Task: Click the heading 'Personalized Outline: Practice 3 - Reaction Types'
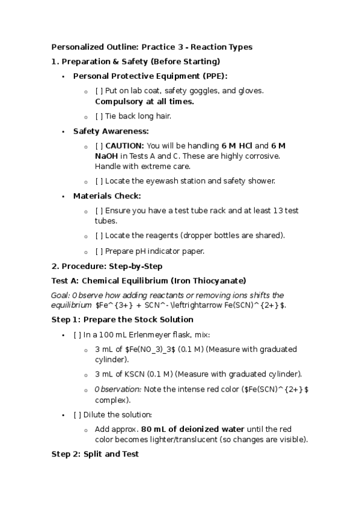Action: coord(151,47)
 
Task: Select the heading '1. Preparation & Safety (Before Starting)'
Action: coord(136,61)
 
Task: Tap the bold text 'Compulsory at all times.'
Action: coord(144,102)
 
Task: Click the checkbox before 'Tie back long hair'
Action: coord(99,116)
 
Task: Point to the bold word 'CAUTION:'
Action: coord(124,146)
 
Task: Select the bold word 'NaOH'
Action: coord(106,156)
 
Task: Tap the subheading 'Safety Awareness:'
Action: coord(111,131)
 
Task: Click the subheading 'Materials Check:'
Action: coord(107,195)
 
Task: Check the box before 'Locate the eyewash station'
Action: coord(99,181)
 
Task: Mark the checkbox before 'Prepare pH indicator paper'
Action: coord(99,251)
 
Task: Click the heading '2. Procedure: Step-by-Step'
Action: coord(107,266)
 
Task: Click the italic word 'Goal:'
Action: coord(61,295)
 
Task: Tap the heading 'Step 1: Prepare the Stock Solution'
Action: coord(123,319)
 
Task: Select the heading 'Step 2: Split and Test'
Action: coord(95,454)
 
